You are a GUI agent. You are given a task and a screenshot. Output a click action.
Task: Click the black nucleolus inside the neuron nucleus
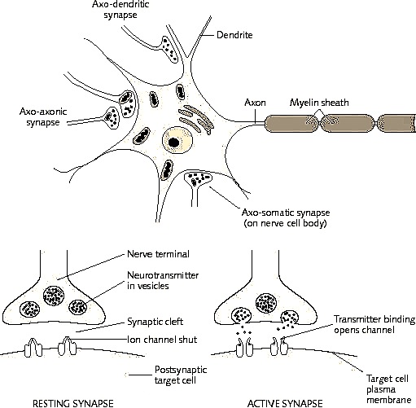point(173,142)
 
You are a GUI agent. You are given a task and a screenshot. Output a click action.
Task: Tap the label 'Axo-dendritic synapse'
point(120,10)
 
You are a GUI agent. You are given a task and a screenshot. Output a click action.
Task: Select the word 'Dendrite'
point(234,35)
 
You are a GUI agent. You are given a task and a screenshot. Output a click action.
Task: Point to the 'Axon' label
point(255,103)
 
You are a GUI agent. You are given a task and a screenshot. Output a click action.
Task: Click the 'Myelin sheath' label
point(319,103)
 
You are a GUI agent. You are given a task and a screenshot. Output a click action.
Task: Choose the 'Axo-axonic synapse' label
point(43,117)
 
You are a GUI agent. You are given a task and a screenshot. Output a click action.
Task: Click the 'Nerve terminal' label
point(158,254)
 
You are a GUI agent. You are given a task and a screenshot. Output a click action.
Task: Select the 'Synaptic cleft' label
point(155,322)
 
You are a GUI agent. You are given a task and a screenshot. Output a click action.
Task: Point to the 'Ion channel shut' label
point(162,340)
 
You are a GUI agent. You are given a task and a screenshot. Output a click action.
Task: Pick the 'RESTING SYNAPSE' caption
point(73,403)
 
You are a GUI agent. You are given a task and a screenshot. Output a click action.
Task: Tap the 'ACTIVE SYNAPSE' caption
point(285,403)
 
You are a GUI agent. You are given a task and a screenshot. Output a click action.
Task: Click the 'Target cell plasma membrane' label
point(388,389)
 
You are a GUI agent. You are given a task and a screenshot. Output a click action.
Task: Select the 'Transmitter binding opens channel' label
point(374,324)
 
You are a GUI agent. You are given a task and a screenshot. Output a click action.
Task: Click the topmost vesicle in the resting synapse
point(54,296)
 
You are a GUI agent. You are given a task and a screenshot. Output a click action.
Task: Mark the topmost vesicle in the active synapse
point(266,303)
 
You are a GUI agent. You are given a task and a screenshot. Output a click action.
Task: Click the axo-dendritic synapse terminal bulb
point(169,50)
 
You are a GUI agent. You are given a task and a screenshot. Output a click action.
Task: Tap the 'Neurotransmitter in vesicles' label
point(163,280)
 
